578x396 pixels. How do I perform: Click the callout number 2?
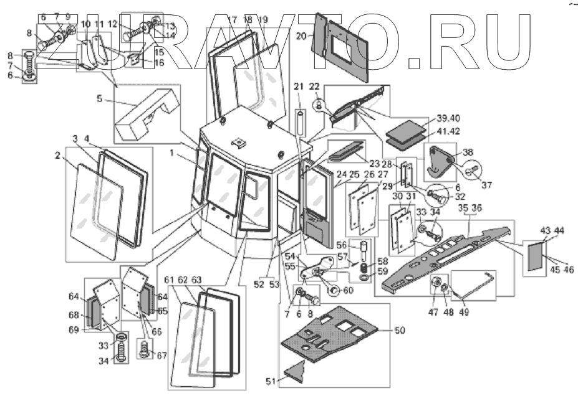pos(57,156)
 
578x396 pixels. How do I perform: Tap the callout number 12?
pos(112,24)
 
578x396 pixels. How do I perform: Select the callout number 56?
pos(342,245)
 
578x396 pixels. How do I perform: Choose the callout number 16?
pos(142,63)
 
